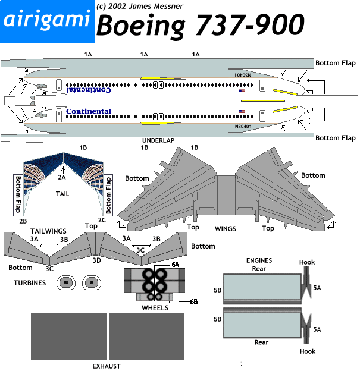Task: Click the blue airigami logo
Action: tap(46, 21)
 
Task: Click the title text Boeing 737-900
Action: tap(200, 26)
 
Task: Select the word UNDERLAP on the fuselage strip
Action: tap(159, 139)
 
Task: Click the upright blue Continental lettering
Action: tap(89, 111)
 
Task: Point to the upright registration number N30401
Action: tap(243, 127)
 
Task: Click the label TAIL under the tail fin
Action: tap(62, 194)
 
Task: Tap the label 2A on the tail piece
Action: tap(62, 177)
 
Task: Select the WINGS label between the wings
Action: tap(226, 228)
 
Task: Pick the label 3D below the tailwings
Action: tap(96, 260)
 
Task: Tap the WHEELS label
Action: tap(155, 308)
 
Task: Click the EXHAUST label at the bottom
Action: tap(107, 366)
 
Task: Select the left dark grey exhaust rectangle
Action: tap(68, 337)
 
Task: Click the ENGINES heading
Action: tap(259, 260)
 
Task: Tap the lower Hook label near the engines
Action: tap(308, 351)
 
